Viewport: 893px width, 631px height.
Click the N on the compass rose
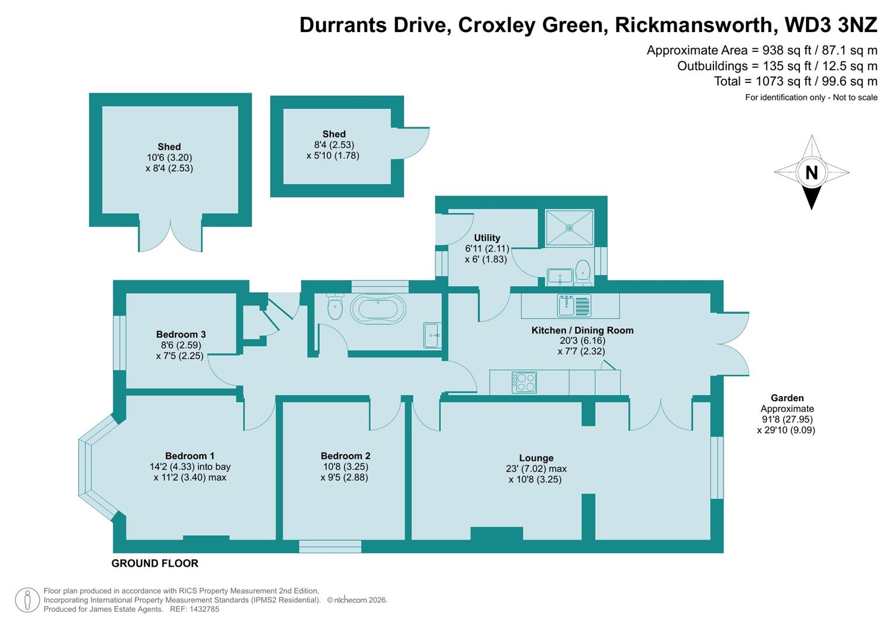click(x=811, y=172)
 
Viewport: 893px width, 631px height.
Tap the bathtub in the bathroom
click(x=377, y=308)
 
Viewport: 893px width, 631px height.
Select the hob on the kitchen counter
click(x=524, y=382)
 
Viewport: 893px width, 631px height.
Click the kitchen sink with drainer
click(x=574, y=305)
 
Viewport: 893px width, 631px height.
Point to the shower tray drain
click(x=569, y=228)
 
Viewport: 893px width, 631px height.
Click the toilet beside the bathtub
click(x=335, y=307)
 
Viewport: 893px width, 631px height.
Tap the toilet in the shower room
click(x=582, y=272)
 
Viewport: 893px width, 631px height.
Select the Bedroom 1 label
click(x=189, y=456)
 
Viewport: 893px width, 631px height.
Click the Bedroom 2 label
click(x=345, y=456)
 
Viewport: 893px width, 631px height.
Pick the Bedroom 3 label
click(x=181, y=334)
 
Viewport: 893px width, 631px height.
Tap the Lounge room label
click(x=536, y=458)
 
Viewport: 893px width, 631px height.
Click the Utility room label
click(x=487, y=238)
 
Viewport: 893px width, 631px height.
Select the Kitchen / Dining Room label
click(x=582, y=330)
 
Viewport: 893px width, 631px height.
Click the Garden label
click(x=787, y=398)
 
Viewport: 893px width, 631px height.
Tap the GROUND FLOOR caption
click(x=155, y=563)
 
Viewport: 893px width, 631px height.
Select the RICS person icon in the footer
click(x=27, y=600)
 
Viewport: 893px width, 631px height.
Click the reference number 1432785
click(x=202, y=609)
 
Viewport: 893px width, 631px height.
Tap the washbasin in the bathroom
click(x=433, y=335)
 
